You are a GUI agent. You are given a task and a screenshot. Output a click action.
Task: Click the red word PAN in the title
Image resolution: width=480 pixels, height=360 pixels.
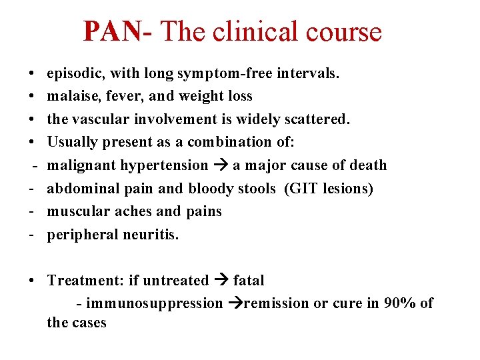(113, 31)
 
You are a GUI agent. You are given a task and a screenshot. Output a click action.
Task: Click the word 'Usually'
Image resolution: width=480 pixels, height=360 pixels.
(71, 142)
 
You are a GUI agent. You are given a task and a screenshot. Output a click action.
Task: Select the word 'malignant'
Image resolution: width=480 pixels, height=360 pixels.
(78, 165)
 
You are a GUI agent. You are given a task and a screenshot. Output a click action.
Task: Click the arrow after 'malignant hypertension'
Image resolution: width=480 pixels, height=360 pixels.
(221, 165)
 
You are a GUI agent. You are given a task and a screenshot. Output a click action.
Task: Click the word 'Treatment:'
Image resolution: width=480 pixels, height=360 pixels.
(82, 281)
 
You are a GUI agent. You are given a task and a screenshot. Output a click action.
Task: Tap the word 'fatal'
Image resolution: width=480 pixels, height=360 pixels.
(249, 281)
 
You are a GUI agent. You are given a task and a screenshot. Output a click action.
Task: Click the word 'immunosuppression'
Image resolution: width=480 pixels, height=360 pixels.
(155, 303)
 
